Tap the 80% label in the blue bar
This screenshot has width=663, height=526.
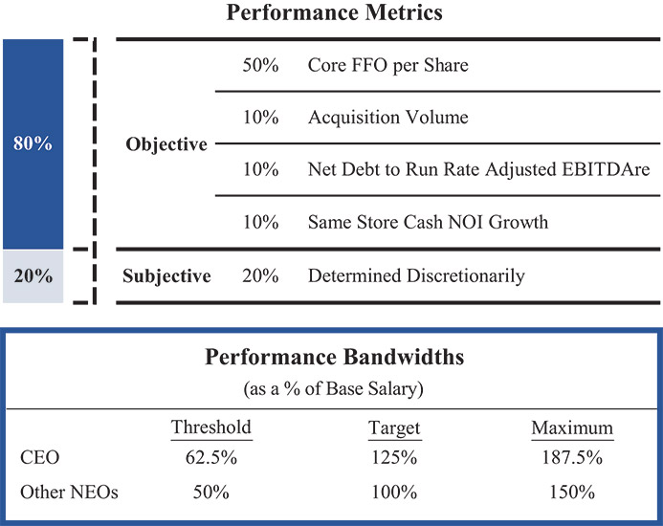click(x=33, y=144)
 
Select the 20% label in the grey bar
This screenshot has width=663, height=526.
click(x=33, y=276)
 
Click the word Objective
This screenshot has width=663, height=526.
click(x=166, y=144)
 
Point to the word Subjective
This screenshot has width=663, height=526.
click(x=166, y=276)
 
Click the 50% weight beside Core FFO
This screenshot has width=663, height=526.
click(x=260, y=66)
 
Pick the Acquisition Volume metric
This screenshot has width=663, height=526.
click(x=388, y=118)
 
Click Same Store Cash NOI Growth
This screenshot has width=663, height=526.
click(x=429, y=222)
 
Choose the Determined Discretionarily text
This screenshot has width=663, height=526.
click(x=416, y=276)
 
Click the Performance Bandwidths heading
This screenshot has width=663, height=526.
click(x=335, y=358)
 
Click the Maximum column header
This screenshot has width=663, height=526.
click(x=572, y=427)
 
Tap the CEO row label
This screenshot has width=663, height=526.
click(x=38, y=457)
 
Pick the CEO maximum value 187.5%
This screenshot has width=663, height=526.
click(x=572, y=457)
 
